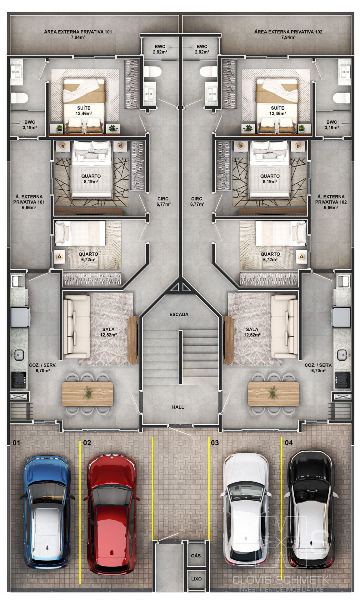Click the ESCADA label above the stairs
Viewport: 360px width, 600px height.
point(179,314)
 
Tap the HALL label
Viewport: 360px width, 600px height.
point(178,407)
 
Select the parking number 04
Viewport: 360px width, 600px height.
point(289,443)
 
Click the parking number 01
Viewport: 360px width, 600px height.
point(16,443)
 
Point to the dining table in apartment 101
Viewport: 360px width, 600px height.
point(87,394)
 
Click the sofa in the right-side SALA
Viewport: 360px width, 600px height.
point(284,327)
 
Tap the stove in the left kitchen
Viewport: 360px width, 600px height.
point(19,380)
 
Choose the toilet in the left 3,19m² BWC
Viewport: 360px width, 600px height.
point(20,98)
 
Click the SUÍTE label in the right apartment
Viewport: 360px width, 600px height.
point(277,108)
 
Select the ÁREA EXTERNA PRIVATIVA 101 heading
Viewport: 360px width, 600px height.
point(78,32)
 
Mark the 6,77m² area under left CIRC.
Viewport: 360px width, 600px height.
point(163,204)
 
